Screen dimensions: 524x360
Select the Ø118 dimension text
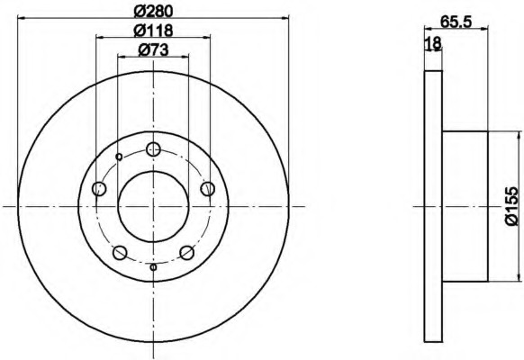(x=153, y=31)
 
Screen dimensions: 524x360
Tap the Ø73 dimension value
(x=153, y=50)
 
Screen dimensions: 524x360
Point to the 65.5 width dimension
(x=456, y=22)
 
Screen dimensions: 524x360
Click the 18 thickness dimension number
(x=433, y=44)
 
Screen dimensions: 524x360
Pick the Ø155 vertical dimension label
(x=511, y=206)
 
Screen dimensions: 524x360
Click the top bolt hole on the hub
(x=153, y=148)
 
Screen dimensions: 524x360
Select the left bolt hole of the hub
(x=99, y=189)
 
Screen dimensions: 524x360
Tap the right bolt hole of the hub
(x=207, y=189)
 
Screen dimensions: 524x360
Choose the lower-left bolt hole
(x=120, y=253)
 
